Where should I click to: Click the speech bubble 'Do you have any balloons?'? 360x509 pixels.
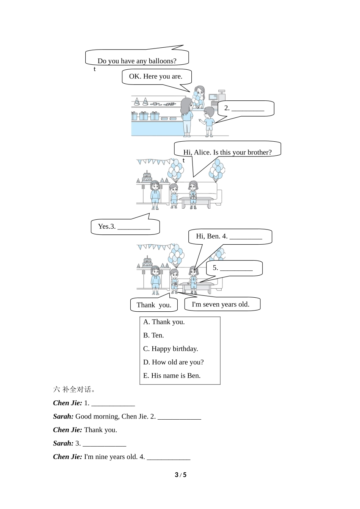point(137,61)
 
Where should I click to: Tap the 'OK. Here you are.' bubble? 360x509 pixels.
point(156,76)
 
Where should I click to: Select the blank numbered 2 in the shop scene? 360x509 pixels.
point(248,109)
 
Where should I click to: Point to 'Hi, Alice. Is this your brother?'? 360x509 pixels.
point(227,152)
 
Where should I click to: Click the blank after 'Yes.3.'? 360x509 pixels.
point(134,227)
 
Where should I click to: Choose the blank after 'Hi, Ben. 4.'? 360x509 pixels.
point(246,237)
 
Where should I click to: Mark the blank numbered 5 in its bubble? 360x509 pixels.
point(236,269)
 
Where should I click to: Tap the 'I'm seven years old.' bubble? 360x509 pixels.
point(221,304)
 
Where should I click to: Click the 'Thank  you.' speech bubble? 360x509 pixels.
point(154,305)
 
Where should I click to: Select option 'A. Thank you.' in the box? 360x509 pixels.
point(164,322)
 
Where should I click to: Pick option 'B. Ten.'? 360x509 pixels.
point(153,335)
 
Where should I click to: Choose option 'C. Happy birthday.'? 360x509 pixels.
point(171,349)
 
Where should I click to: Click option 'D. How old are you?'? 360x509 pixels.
point(173,362)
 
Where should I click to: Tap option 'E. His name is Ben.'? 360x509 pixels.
point(172,376)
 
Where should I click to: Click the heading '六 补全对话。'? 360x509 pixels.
point(74,389)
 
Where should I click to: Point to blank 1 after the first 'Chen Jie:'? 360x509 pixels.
point(113,403)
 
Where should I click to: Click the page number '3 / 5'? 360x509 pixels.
point(180,475)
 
